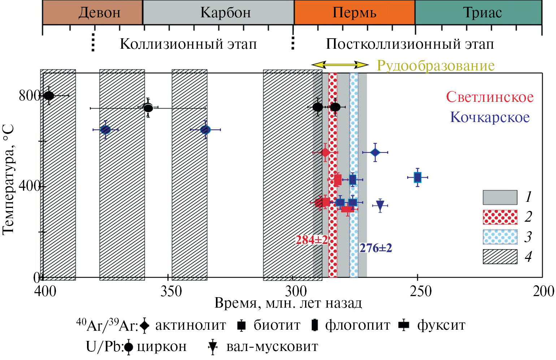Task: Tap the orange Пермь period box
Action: [354, 13]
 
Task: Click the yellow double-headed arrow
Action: [340, 65]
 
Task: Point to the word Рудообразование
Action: [436, 66]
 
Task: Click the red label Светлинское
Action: [490, 97]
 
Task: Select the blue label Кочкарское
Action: [490, 117]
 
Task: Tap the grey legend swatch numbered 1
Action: [500, 197]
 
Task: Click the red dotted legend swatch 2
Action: [500, 217]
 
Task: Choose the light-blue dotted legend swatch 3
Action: [500, 237]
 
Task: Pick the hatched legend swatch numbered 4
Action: [500, 257]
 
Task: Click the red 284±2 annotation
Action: [312, 240]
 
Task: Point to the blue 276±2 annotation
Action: [375, 248]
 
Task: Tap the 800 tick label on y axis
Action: [29, 96]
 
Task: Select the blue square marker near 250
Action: [418, 177]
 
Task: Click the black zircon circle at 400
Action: [49, 96]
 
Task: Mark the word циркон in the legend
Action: [162, 347]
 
